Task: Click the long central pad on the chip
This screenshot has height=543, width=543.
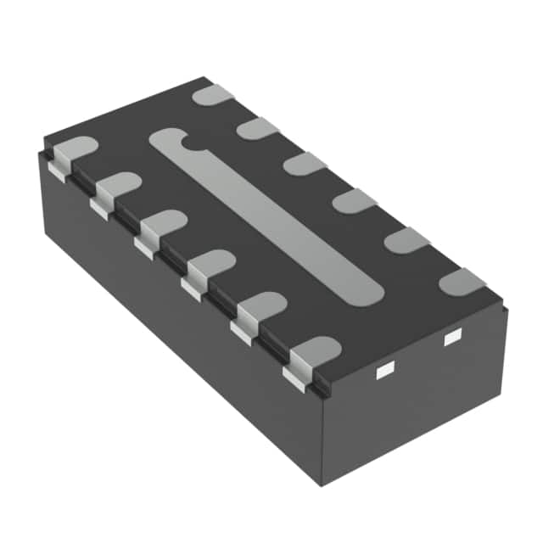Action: click(267, 216)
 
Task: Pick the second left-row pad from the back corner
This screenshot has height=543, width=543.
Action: click(118, 184)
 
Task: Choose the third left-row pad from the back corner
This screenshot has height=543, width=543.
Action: click(164, 222)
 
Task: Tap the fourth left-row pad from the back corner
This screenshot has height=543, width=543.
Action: click(211, 263)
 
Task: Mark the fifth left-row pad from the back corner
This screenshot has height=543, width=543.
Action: click(261, 305)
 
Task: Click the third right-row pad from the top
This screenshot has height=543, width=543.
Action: click(305, 163)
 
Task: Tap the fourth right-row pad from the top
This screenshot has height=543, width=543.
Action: click(354, 200)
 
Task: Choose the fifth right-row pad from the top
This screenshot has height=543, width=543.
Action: click(406, 239)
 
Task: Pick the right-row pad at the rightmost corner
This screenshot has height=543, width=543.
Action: click(462, 281)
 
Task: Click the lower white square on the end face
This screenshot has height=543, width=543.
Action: click(386, 370)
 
